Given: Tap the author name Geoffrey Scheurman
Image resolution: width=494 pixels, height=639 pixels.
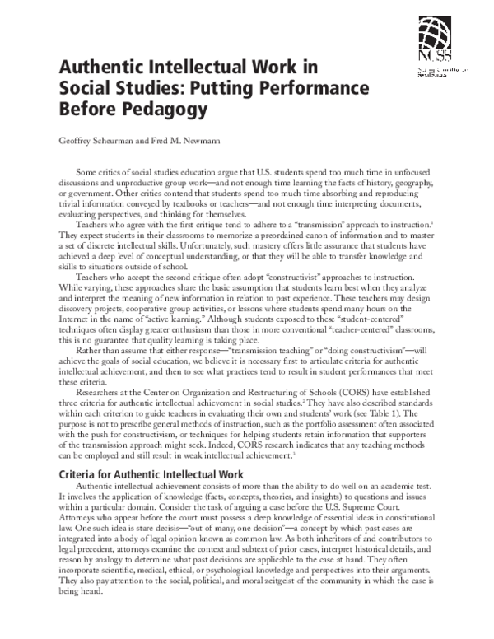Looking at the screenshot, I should (x=97, y=141).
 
